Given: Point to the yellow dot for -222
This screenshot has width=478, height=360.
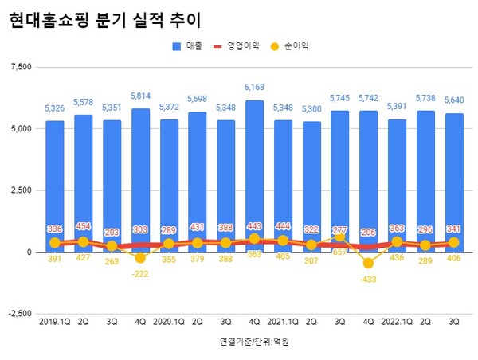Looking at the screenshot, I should [141, 257].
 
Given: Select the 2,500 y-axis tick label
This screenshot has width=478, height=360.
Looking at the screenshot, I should [19, 190].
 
